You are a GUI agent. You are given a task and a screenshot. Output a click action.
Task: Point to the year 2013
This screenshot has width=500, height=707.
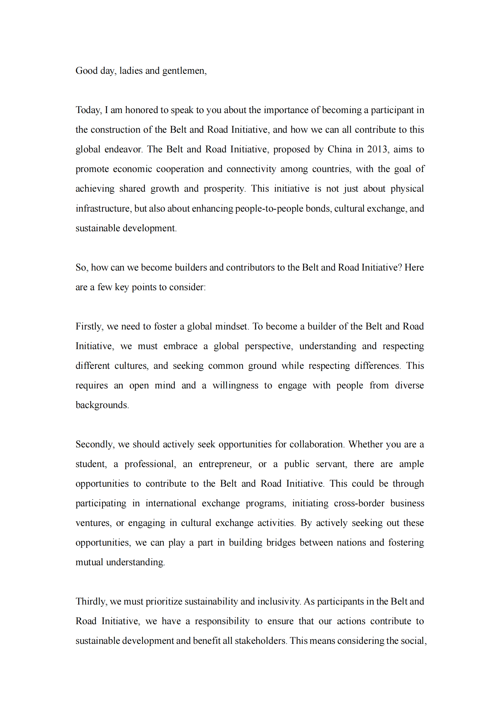[x=377, y=149]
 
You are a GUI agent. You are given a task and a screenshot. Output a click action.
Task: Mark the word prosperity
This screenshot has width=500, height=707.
[x=224, y=188]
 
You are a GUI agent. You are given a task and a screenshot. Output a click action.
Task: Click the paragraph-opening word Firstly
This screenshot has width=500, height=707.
[x=89, y=326]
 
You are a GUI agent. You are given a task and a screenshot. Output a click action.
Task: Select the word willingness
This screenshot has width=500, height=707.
[x=235, y=385]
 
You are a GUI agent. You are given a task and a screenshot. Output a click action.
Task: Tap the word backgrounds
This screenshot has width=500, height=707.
[x=102, y=405]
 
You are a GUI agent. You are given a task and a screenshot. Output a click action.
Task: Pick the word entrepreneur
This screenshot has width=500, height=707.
[x=225, y=464]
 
